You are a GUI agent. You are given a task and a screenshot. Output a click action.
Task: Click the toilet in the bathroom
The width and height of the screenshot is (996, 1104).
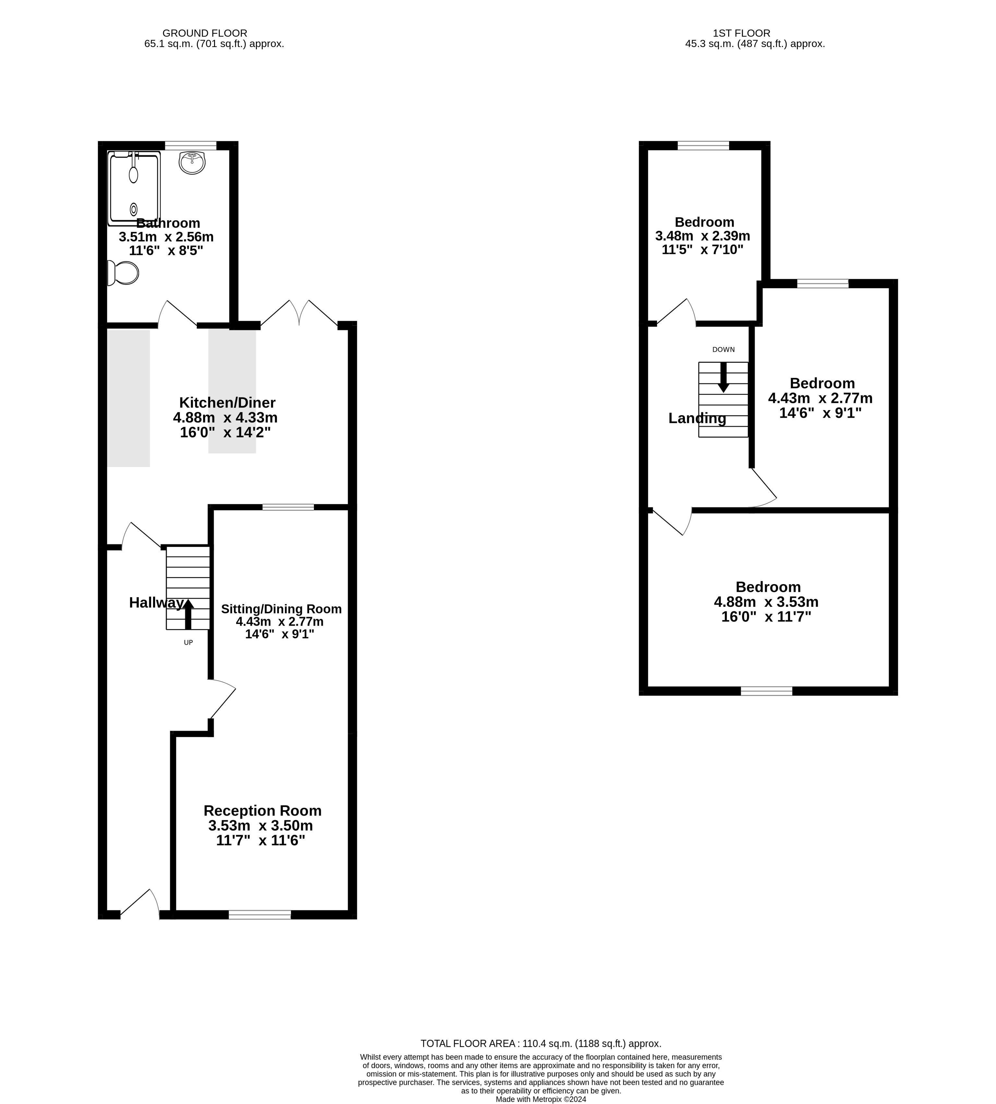click(x=123, y=272)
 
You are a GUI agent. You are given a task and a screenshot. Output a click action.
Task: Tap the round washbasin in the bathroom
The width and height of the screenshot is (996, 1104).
click(x=192, y=162)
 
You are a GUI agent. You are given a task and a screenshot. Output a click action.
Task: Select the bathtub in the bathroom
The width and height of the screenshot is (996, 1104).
click(x=134, y=188)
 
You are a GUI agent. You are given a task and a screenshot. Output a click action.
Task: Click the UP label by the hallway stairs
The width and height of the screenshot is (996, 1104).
click(x=188, y=642)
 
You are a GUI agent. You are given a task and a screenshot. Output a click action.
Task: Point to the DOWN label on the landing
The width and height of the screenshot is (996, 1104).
click(x=724, y=350)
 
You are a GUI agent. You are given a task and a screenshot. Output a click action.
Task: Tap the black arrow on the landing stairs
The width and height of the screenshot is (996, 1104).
click(x=724, y=377)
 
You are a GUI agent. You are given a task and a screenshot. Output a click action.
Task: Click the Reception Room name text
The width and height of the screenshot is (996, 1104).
click(x=263, y=810)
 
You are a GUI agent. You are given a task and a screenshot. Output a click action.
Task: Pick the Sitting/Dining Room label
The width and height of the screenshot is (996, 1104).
click(x=281, y=609)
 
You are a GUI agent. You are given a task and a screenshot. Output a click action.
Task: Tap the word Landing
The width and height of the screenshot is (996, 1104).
click(x=697, y=418)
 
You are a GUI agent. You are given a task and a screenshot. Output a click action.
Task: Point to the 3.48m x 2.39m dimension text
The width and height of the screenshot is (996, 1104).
click(x=703, y=236)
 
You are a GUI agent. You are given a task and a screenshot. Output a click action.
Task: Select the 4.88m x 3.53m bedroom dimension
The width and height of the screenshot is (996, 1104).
click(x=766, y=602)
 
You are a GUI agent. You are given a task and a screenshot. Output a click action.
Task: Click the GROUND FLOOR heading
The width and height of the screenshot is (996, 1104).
click(x=205, y=33)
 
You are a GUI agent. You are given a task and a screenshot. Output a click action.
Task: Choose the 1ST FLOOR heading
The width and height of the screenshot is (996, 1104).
click(x=741, y=33)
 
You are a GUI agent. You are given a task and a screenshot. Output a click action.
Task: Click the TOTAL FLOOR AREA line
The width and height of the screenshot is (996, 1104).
click(x=541, y=1044)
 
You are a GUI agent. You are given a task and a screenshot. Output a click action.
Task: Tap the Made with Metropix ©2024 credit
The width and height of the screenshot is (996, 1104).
click(x=541, y=1099)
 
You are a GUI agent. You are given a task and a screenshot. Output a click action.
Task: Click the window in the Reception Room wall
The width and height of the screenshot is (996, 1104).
click(x=260, y=915)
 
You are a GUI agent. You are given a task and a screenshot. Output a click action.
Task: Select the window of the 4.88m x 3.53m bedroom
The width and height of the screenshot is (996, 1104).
click(x=767, y=691)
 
